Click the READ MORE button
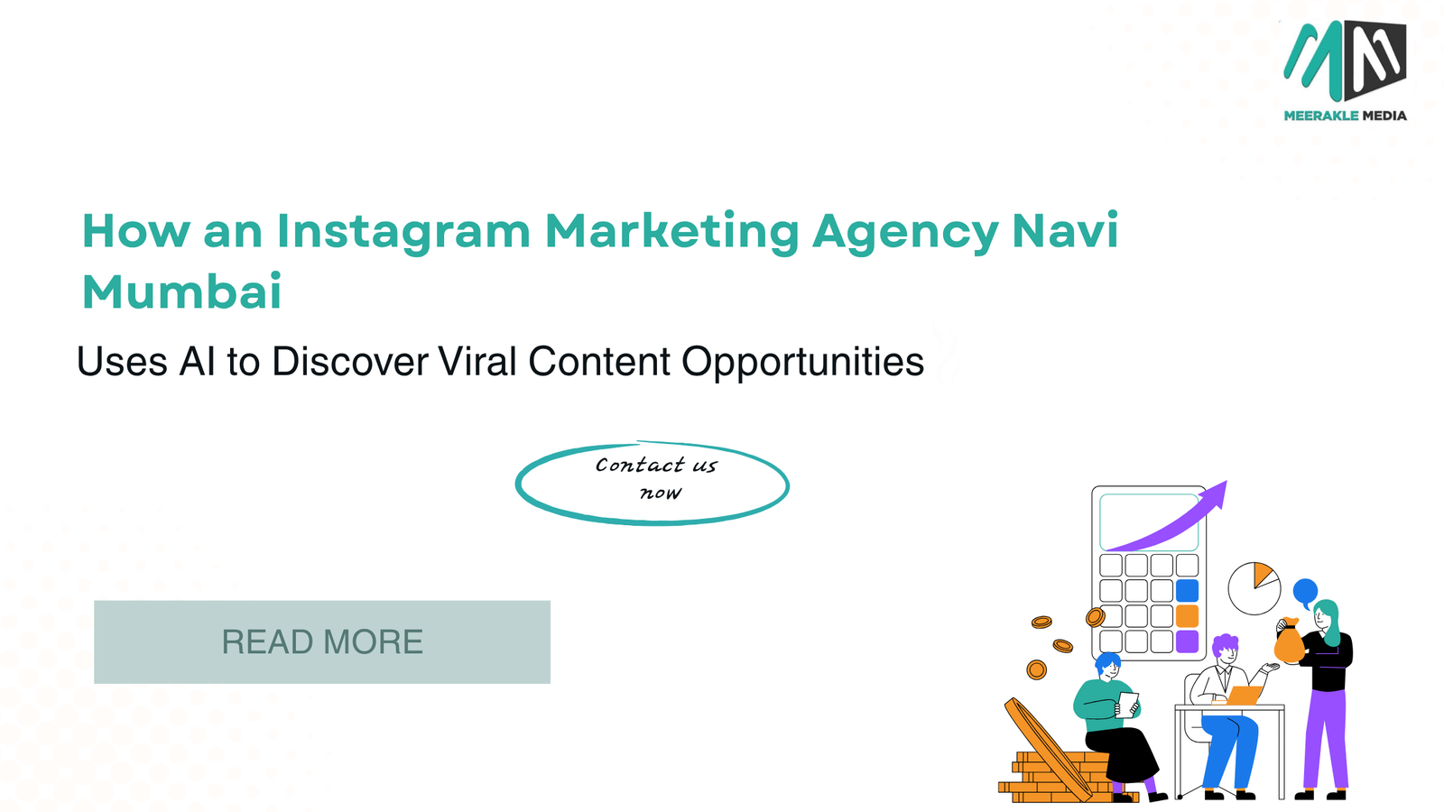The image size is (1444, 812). point(322,641)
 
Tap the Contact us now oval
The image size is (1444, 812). point(653,519)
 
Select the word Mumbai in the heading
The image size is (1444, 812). point(181,292)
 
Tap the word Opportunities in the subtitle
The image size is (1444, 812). point(803,363)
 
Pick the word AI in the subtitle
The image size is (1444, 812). point(198,361)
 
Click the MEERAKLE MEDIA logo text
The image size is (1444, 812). point(1346,115)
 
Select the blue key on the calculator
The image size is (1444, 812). point(1187,590)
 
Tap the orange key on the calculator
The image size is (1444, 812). point(1187,616)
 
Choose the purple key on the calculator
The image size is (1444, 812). point(1187,641)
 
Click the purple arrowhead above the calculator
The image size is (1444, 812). point(1215,494)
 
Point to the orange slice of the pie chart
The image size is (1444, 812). point(1263,574)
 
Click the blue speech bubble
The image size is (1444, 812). point(1305,592)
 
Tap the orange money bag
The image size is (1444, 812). point(1290,641)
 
